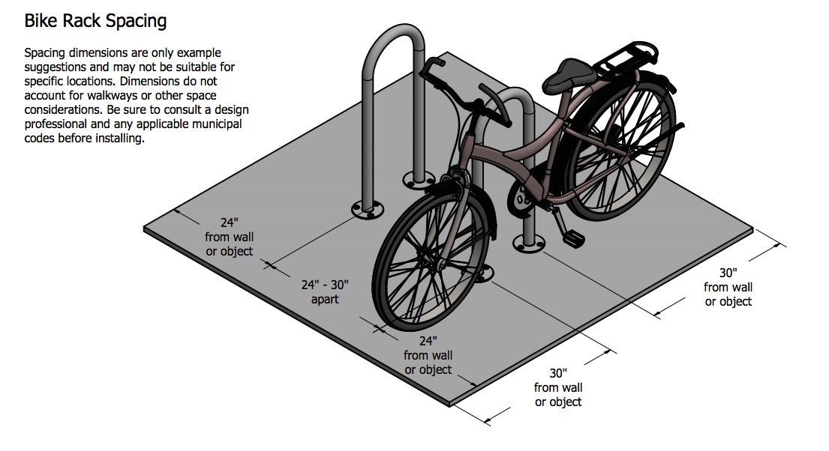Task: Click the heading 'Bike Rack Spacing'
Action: tap(96, 21)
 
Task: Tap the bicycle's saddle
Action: tap(568, 75)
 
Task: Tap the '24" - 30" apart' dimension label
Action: tap(325, 292)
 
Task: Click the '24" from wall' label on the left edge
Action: tap(229, 237)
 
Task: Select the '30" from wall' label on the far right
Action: tap(728, 287)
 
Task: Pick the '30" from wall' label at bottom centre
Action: tap(557, 387)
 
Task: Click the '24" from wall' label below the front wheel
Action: tap(428, 355)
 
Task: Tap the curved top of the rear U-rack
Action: tap(393, 40)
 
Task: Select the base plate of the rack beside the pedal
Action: tap(529, 243)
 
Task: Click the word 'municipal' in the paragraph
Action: tap(217, 124)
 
